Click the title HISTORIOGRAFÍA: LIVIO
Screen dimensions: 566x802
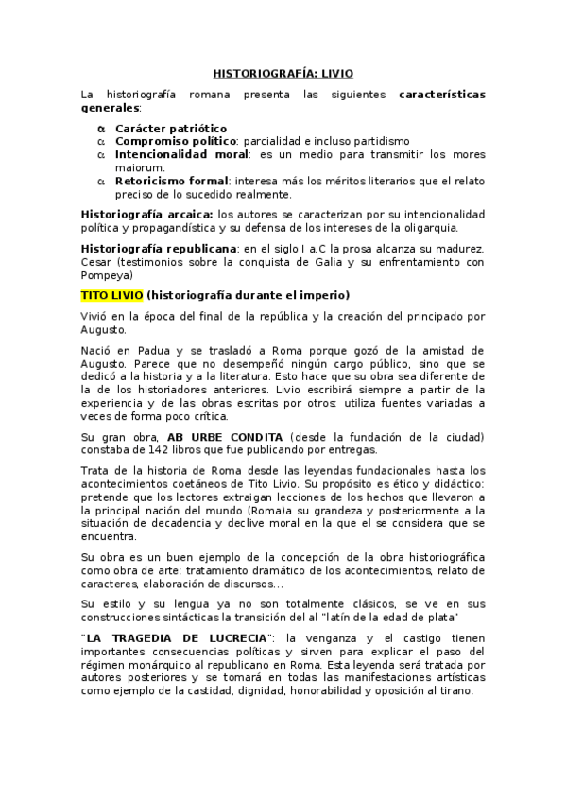pyautogui.click(x=283, y=72)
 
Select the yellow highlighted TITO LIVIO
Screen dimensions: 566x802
pyautogui.click(x=111, y=295)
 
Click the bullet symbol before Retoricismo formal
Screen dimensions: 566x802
pyautogui.click(x=102, y=181)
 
